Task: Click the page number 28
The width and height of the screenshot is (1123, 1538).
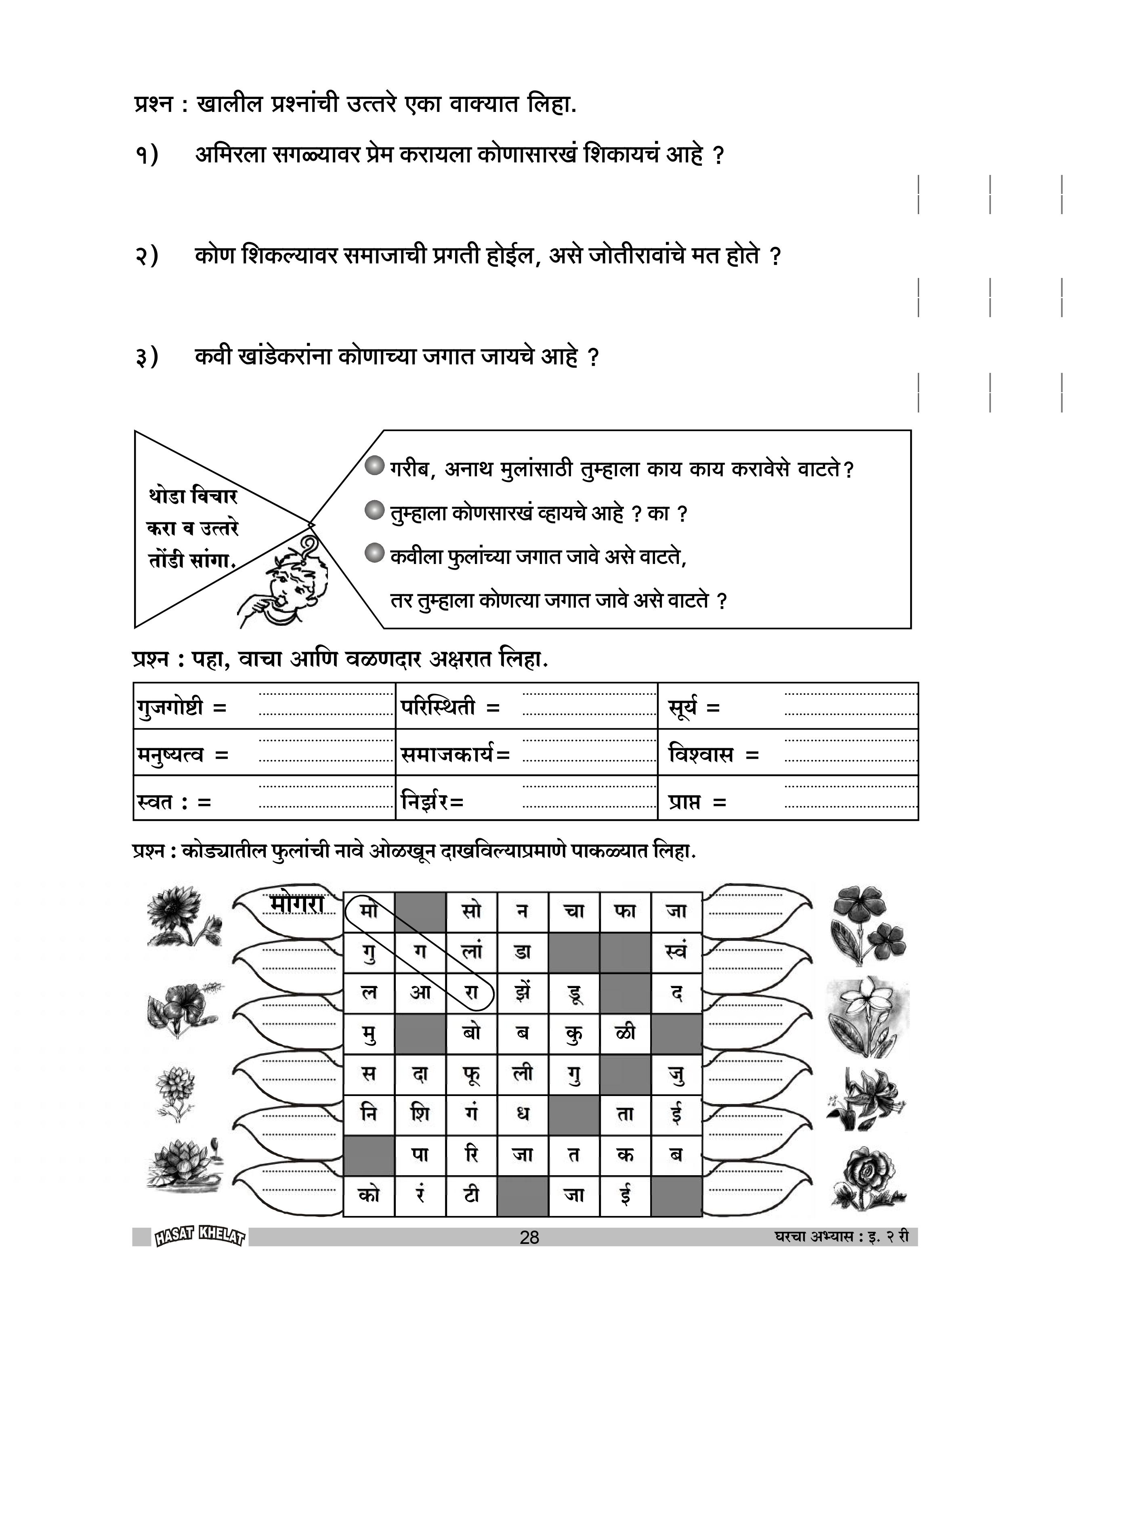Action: (529, 1237)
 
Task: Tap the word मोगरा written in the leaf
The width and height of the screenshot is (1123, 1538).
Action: (297, 904)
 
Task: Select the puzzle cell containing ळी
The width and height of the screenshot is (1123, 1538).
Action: (625, 1033)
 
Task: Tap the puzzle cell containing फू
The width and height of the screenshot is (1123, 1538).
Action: (472, 1073)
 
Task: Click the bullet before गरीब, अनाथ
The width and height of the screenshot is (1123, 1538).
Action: (375, 467)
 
